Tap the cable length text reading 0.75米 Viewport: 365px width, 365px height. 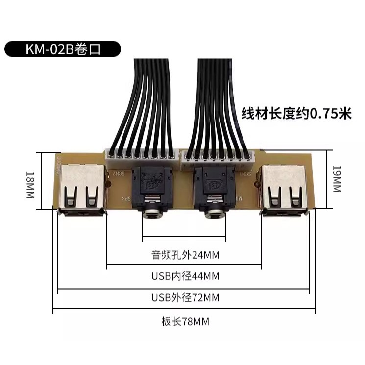point(296,114)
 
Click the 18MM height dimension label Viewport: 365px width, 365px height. point(30,185)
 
